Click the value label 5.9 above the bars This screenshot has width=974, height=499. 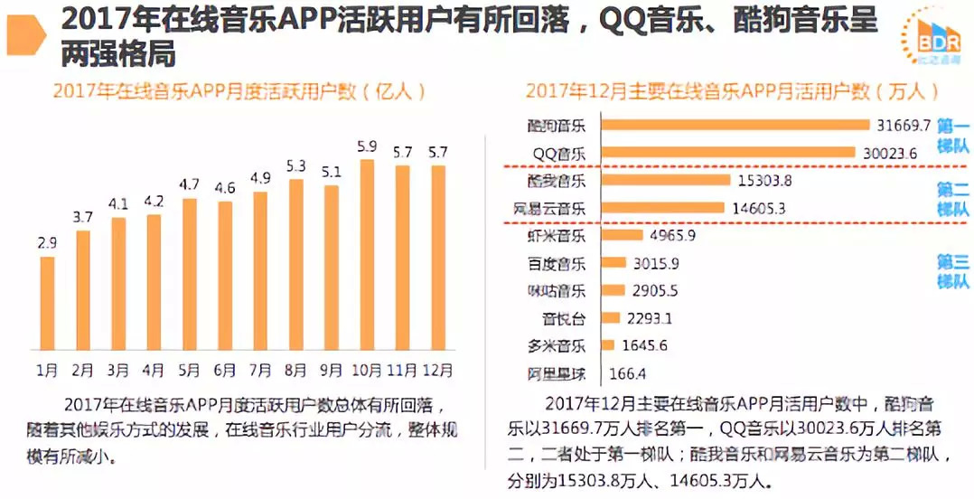pos(367,146)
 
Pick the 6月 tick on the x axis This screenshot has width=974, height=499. pos(225,370)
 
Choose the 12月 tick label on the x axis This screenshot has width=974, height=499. pos(438,370)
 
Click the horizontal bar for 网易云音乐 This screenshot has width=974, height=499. pos(662,208)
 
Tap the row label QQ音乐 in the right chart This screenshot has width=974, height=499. pos(557,154)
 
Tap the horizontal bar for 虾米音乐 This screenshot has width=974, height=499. pos(621,236)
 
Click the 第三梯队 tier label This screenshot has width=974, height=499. pos(952,271)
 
